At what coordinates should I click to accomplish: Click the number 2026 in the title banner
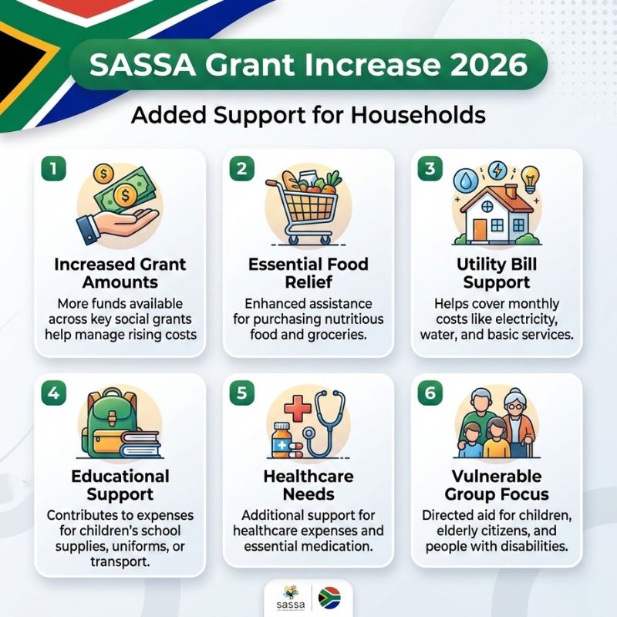(x=482, y=65)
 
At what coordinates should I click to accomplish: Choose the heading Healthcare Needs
(x=308, y=485)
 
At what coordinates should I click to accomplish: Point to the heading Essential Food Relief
(x=308, y=274)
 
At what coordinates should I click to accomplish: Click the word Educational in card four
(x=120, y=475)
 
